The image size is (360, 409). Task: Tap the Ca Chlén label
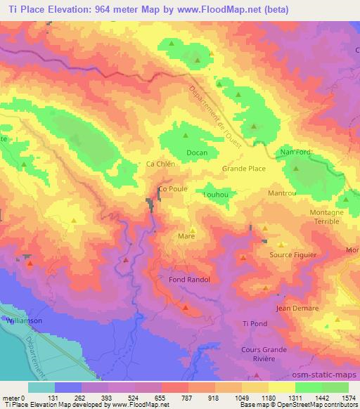[x=160, y=164]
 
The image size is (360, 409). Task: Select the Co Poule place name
[x=172, y=189]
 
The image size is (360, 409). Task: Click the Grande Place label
[x=243, y=169]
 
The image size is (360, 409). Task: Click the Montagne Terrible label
[x=327, y=216]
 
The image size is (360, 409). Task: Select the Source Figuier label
[x=293, y=255]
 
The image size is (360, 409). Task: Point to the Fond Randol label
[x=190, y=280]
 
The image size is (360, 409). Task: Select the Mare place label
[x=186, y=237]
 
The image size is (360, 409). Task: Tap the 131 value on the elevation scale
[x=55, y=398]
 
